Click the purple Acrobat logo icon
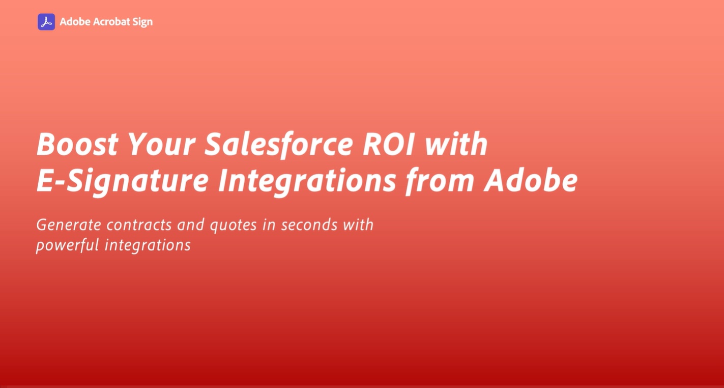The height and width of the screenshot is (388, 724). tap(46, 22)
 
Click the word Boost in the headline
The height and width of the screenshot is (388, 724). tap(77, 144)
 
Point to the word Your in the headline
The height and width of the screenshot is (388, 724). tap(162, 144)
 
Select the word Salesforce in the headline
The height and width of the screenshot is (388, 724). tap(279, 145)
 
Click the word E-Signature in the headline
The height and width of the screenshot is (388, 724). tap(123, 181)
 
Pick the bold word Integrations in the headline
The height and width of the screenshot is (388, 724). tap(307, 181)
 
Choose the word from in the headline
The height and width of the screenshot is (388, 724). tap(440, 181)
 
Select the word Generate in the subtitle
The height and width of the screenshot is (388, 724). tap(69, 225)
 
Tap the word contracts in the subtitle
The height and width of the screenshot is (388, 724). tap(139, 225)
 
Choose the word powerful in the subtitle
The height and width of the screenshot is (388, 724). tap(68, 245)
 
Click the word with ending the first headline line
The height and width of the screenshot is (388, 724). tap(456, 144)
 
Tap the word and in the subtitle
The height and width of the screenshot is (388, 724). tap(191, 225)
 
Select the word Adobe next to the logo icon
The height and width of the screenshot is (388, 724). tap(75, 22)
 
